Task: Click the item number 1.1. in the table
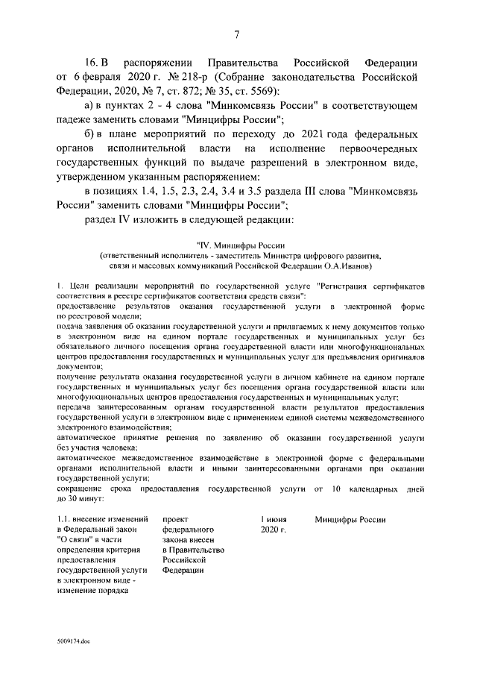coord(66,519)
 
